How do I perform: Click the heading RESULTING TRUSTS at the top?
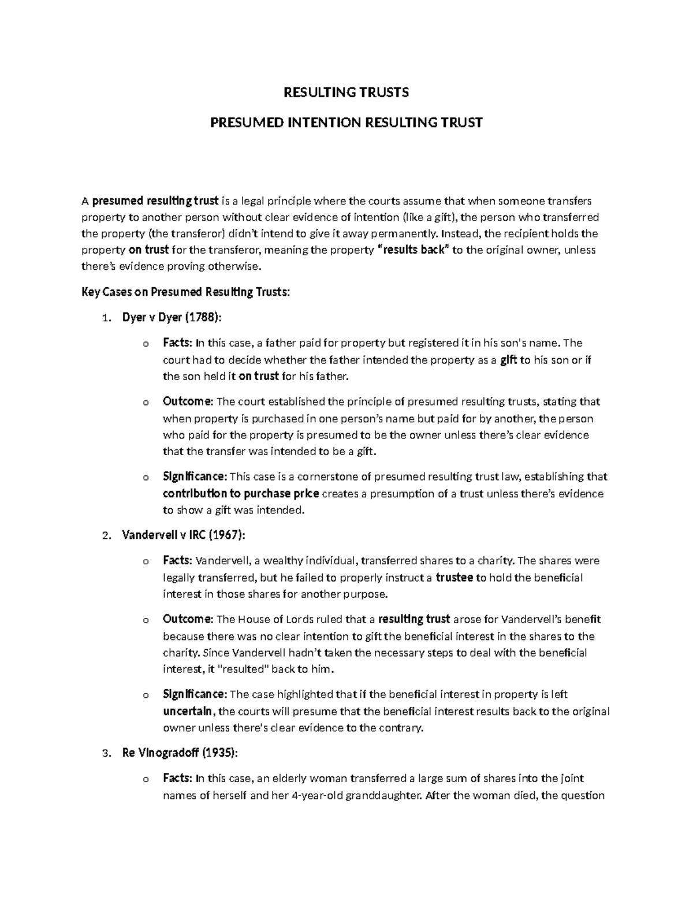pos(345,92)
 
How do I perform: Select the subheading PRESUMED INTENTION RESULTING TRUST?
pos(345,123)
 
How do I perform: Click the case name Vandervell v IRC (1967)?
pos(184,535)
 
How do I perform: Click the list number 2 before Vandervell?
pos(105,536)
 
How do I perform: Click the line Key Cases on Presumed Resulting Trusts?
pos(185,292)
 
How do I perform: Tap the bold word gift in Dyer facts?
pos(508,360)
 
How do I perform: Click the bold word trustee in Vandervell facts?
pos(454,578)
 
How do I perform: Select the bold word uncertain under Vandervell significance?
pos(189,711)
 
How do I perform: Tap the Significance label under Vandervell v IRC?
pos(195,694)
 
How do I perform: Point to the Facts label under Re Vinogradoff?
pos(177,778)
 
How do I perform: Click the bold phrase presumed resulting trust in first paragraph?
pos(155,201)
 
